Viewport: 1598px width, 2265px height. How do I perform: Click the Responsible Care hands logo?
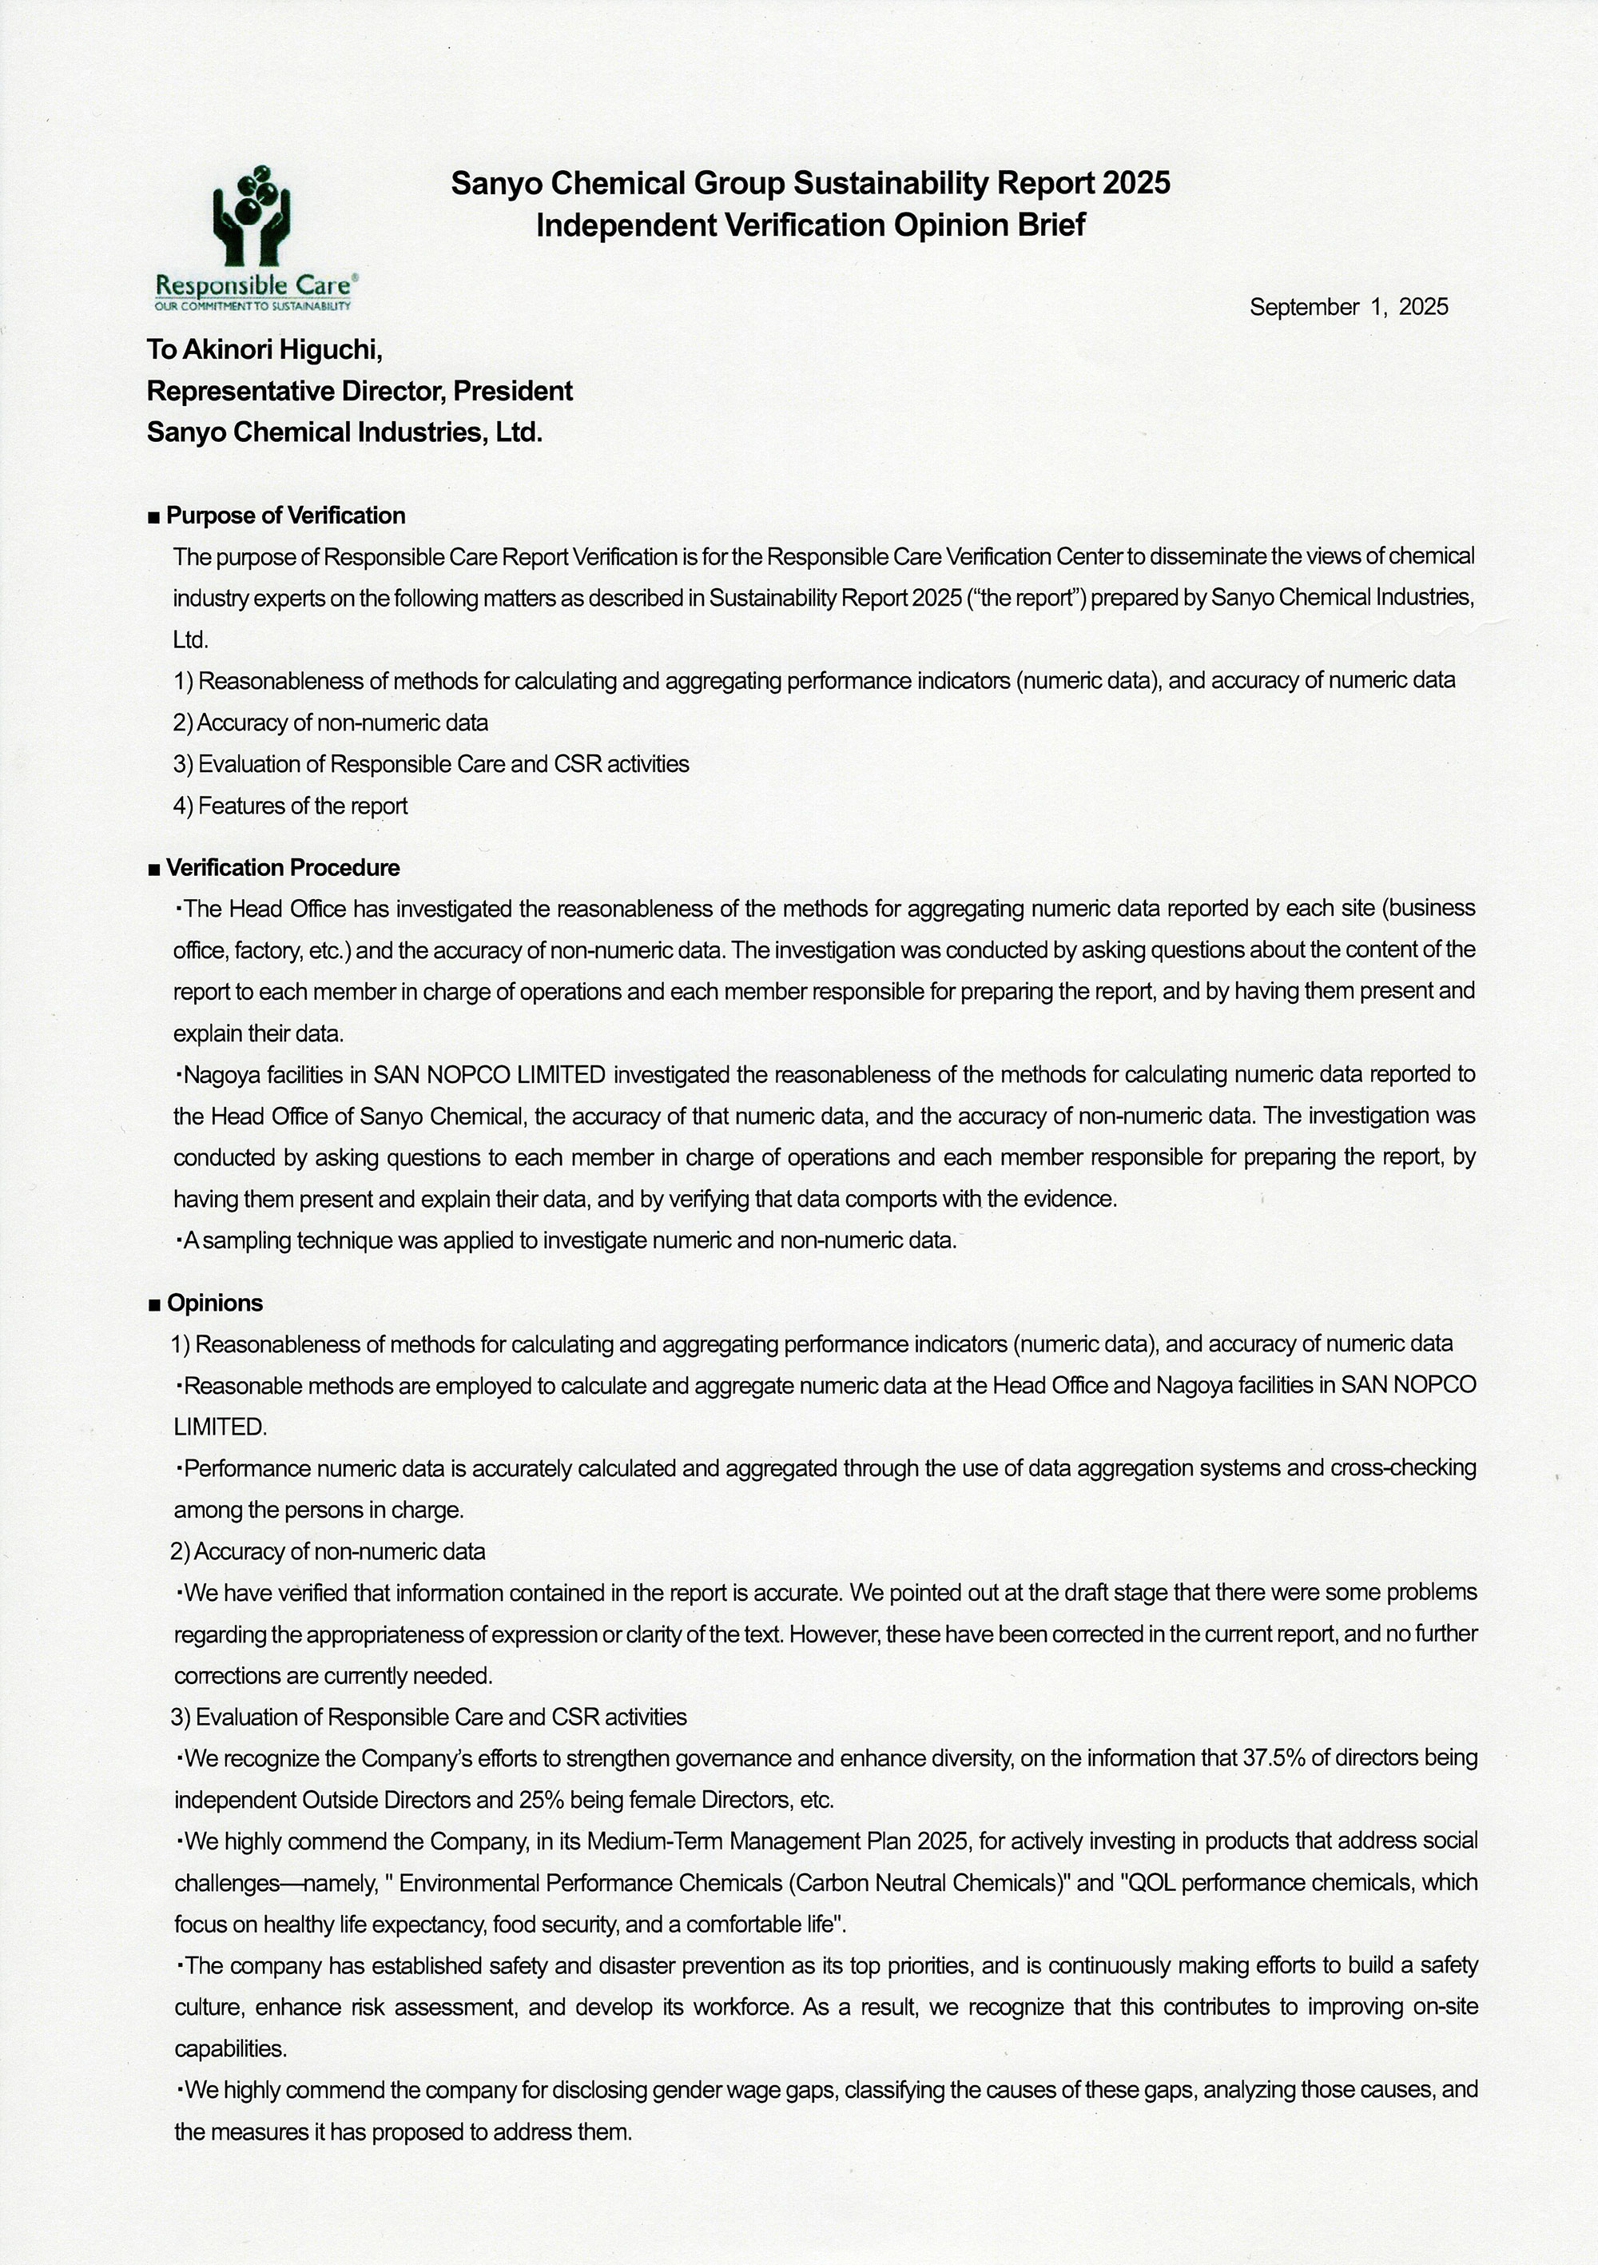[x=252, y=217]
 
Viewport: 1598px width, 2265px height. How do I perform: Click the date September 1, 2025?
[x=1349, y=307]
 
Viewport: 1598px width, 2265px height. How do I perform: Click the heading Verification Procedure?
[x=282, y=867]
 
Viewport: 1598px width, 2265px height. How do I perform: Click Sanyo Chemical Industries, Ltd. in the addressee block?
[x=344, y=432]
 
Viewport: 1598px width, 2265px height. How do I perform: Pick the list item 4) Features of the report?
[x=290, y=806]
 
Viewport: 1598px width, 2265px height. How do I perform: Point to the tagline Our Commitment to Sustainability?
[x=252, y=307]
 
